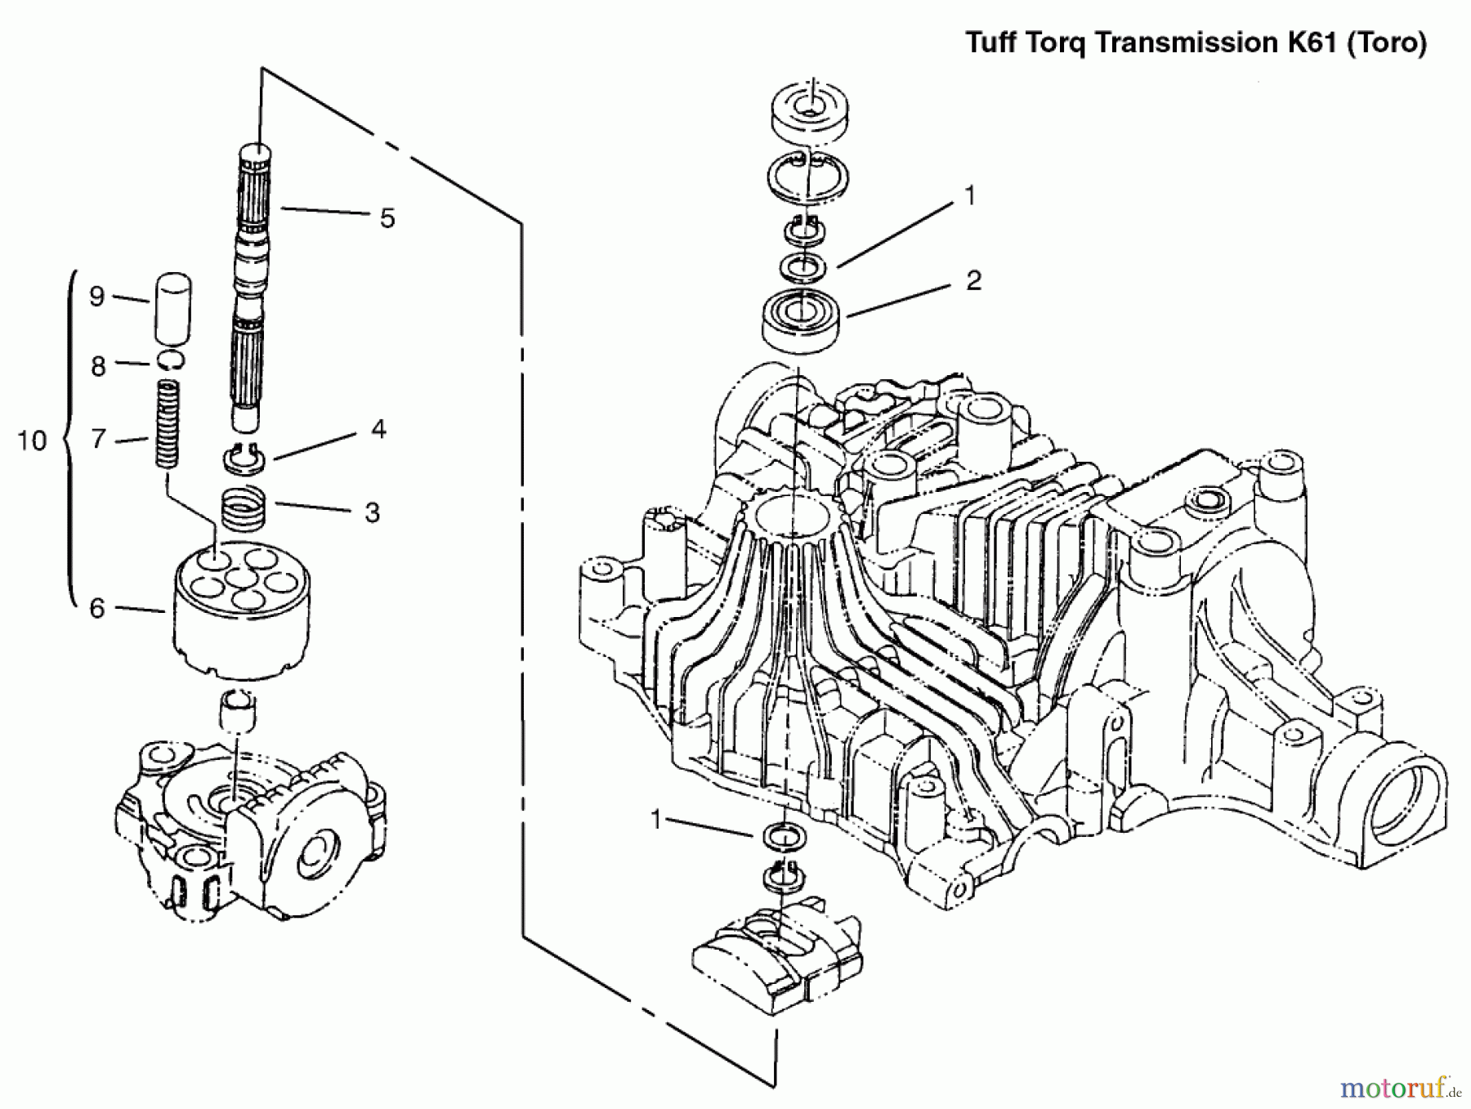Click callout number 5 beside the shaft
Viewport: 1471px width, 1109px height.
click(x=387, y=218)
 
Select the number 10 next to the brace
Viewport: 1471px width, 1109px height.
click(x=32, y=441)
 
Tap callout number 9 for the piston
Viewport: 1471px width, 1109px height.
click(x=97, y=296)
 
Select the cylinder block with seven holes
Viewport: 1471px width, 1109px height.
click(x=243, y=609)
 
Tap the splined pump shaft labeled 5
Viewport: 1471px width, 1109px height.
click(x=250, y=286)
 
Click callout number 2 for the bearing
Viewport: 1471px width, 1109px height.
click(x=973, y=281)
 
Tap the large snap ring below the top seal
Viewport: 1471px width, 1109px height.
click(x=808, y=176)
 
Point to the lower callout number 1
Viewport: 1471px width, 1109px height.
click(x=656, y=820)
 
